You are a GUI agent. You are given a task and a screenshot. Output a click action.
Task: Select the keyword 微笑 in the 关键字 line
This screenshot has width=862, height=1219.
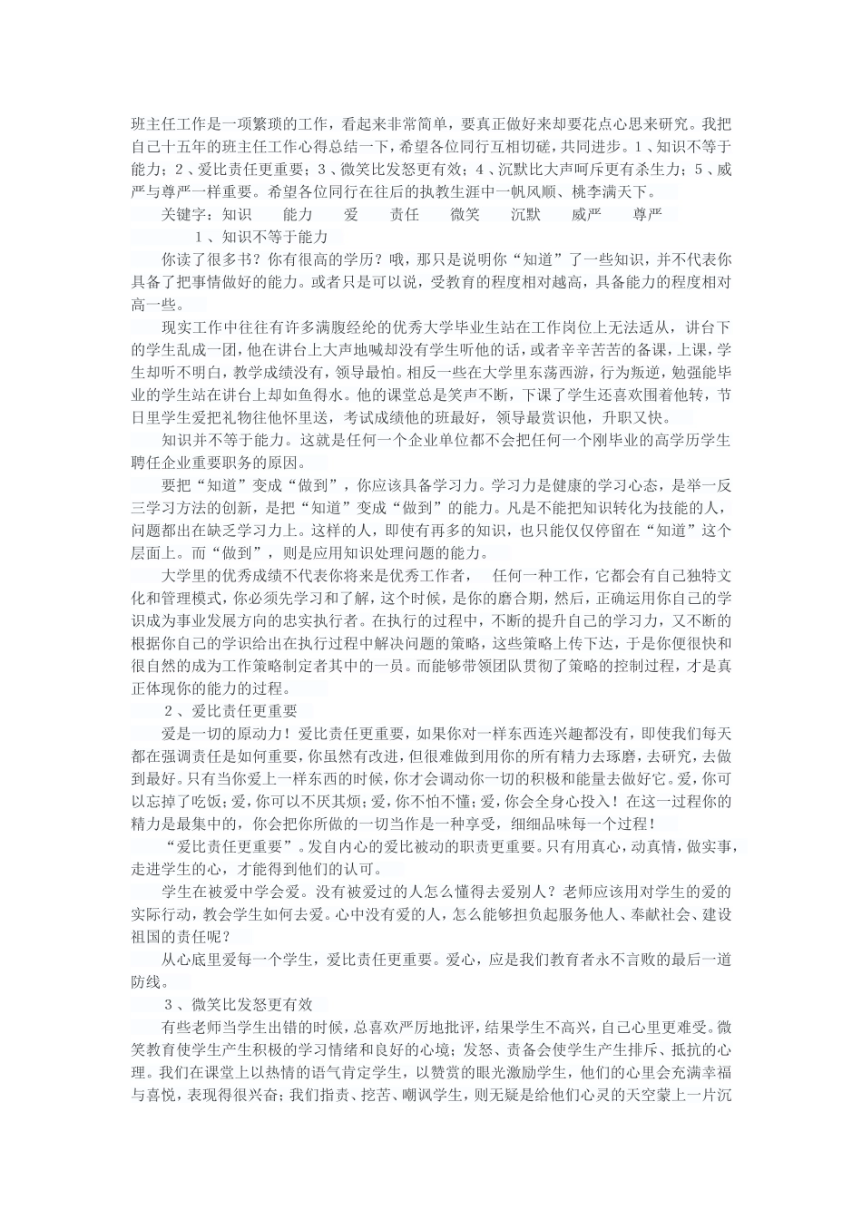coord(465,214)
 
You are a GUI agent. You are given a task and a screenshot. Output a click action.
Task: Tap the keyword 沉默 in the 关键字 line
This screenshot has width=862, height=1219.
coord(525,214)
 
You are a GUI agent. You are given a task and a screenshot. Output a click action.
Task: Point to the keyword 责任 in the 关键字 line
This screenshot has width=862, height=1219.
coord(405,214)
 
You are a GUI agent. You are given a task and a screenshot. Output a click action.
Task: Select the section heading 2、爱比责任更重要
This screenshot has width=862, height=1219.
coord(231,710)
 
